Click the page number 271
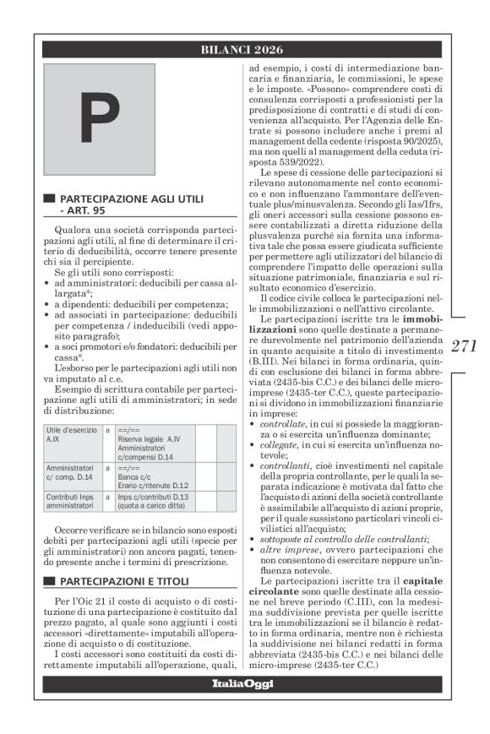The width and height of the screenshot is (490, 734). point(463,345)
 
